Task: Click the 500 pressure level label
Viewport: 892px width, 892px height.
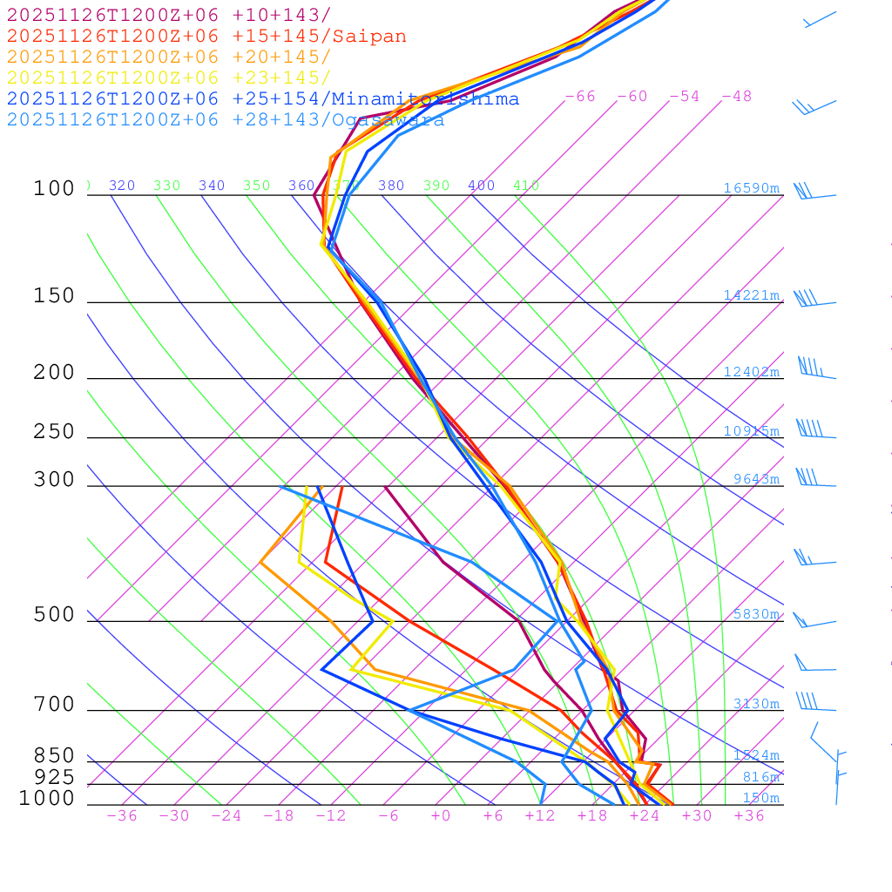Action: [x=54, y=615]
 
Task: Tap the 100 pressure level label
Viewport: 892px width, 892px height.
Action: [x=54, y=189]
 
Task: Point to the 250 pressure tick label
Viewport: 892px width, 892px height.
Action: [x=54, y=432]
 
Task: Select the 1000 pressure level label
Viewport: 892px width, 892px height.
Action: [x=46, y=798]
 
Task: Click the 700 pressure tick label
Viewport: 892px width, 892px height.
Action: [x=54, y=705]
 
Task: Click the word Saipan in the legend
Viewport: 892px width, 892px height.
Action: [x=370, y=37]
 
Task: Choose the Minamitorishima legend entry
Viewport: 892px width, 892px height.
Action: [x=263, y=99]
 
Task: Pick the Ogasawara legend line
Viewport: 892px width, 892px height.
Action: [x=226, y=120]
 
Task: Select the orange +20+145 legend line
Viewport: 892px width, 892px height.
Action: [x=169, y=57]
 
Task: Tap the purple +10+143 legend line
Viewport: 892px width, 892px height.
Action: [x=169, y=16]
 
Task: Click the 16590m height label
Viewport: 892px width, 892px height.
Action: [x=751, y=188]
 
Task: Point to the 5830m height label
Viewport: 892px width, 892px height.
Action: [x=755, y=614]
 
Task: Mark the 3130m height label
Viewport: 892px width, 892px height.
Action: [x=755, y=704]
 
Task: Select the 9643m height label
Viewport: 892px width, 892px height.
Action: [x=755, y=479]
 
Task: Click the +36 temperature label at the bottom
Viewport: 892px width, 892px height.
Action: [x=748, y=816]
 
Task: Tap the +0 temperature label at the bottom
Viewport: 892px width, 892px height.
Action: [x=441, y=816]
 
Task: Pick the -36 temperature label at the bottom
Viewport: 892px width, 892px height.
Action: [x=121, y=816]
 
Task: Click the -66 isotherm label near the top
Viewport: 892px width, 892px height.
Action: [x=579, y=97]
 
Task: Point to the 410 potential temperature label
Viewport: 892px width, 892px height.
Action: [x=526, y=186]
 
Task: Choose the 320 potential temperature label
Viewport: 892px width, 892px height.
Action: [x=122, y=186]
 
